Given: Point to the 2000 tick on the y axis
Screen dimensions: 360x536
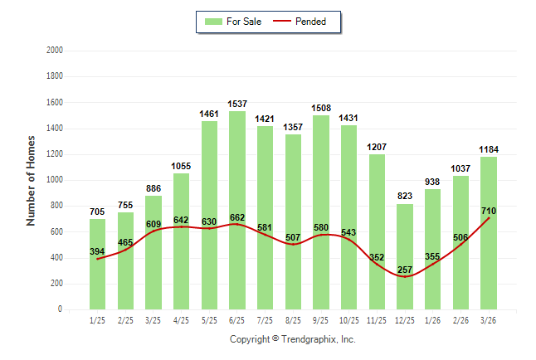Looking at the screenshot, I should pyautogui.click(x=54, y=51).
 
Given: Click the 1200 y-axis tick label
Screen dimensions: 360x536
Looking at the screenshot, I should pyautogui.click(x=54, y=154).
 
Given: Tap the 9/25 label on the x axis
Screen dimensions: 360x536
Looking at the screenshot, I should pyautogui.click(x=321, y=319).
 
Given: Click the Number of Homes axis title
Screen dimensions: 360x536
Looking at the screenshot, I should pyautogui.click(x=31, y=180).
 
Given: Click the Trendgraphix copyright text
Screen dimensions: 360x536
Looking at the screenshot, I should pyautogui.click(x=292, y=339).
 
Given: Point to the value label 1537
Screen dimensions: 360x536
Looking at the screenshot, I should pyautogui.click(x=237, y=105).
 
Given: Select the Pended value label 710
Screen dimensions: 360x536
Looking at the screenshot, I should pyautogui.click(x=489, y=212).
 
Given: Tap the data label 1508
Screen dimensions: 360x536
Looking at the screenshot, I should pyautogui.click(x=321, y=108).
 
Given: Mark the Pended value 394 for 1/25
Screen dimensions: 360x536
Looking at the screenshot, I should pyautogui.click(x=98, y=252).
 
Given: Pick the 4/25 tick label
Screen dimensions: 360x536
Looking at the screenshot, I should pyautogui.click(x=182, y=319).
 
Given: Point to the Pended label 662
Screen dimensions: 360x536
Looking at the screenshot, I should pyautogui.click(x=237, y=217).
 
